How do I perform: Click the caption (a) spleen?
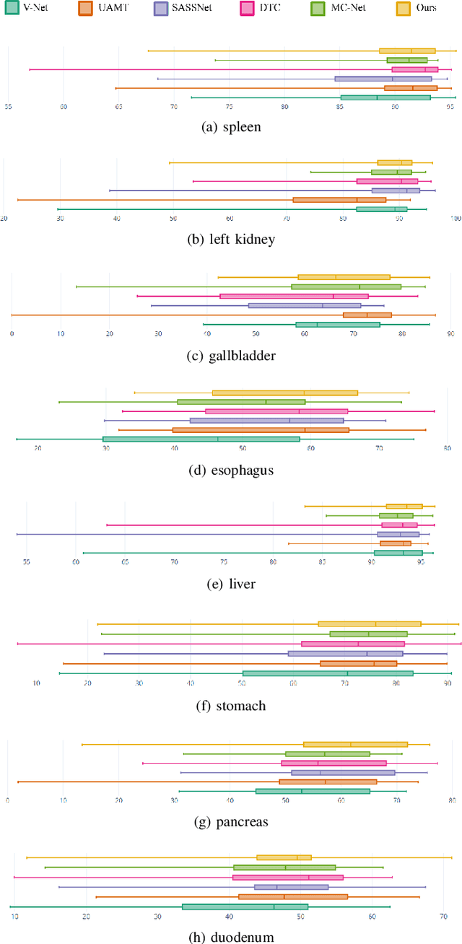(x=231, y=127)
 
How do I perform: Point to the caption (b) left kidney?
(x=231, y=239)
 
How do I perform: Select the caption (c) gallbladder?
(x=231, y=355)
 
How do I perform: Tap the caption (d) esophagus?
(x=231, y=471)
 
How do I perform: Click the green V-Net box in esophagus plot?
(x=201, y=439)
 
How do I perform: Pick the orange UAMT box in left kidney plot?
(x=339, y=200)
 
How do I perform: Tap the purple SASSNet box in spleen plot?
(x=383, y=79)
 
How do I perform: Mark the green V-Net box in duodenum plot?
(x=245, y=906)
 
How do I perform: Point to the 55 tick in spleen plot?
(x=8, y=107)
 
